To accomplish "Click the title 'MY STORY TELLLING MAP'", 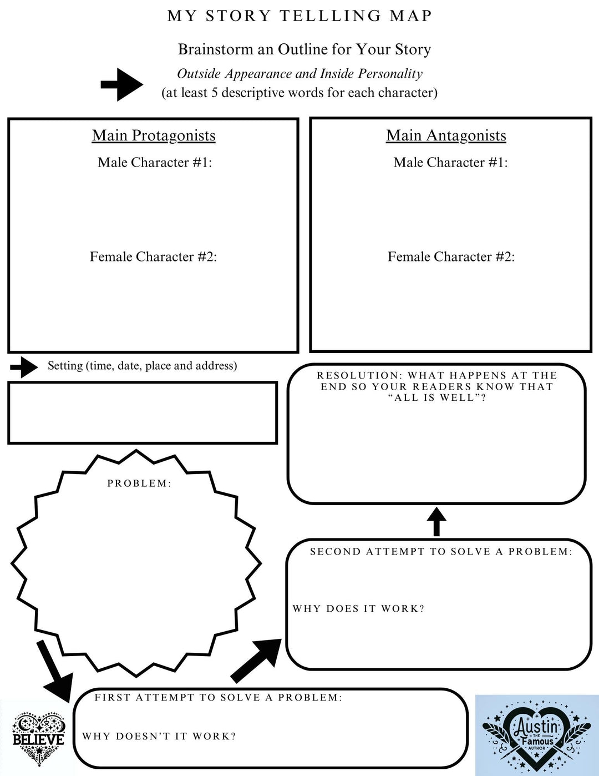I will click(x=299, y=16).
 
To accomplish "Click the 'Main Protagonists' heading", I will click(x=154, y=136).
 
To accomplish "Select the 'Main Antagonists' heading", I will click(x=446, y=136).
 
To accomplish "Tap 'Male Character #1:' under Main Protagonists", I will click(x=155, y=163).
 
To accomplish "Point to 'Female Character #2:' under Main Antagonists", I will click(x=451, y=257).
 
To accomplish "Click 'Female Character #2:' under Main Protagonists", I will click(x=153, y=257).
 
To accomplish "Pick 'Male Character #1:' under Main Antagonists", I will click(x=450, y=163).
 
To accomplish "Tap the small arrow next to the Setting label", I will click(x=24, y=367).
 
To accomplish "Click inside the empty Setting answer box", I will click(x=143, y=413).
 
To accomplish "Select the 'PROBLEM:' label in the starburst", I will click(x=139, y=483).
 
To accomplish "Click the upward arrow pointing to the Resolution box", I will click(x=436, y=521).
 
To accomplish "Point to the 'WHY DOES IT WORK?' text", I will click(x=358, y=609).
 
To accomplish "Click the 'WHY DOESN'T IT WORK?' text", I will click(x=159, y=737).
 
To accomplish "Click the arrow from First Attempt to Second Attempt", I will click(x=257, y=660).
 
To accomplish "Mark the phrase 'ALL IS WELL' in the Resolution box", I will click(x=436, y=398).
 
